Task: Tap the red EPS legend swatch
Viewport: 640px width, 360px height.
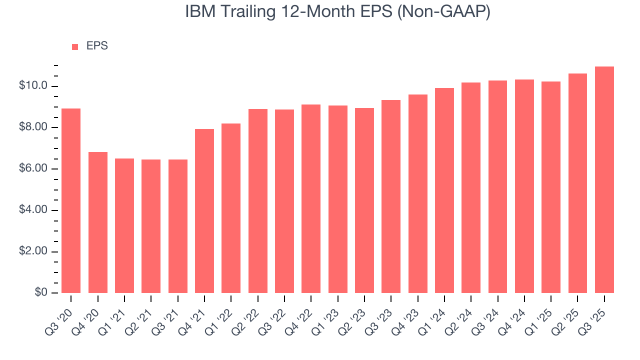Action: tap(75, 46)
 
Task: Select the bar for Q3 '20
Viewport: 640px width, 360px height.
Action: tap(71, 200)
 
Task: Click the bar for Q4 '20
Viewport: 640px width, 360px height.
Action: tap(98, 222)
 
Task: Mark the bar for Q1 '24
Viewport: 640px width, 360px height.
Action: tap(444, 190)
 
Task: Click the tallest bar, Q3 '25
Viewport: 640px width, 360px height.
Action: tap(604, 179)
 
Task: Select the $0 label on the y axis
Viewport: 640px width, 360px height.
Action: tap(42, 292)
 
